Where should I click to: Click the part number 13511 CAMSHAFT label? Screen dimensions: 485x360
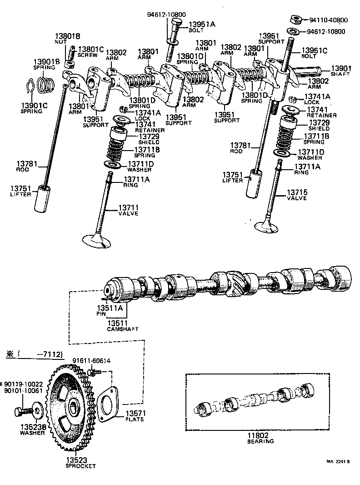(x=118, y=325)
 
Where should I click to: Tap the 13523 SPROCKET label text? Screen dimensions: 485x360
(x=80, y=463)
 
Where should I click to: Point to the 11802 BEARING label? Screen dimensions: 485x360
(x=260, y=438)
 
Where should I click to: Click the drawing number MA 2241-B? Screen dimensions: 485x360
(x=337, y=461)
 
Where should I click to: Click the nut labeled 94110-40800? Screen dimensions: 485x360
(x=296, y=19)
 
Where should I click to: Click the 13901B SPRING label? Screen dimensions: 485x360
(x=45, y=64)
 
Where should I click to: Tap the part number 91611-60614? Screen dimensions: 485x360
(x=91, y=361)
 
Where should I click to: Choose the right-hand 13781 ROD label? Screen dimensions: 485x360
(x=240, y=148)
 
